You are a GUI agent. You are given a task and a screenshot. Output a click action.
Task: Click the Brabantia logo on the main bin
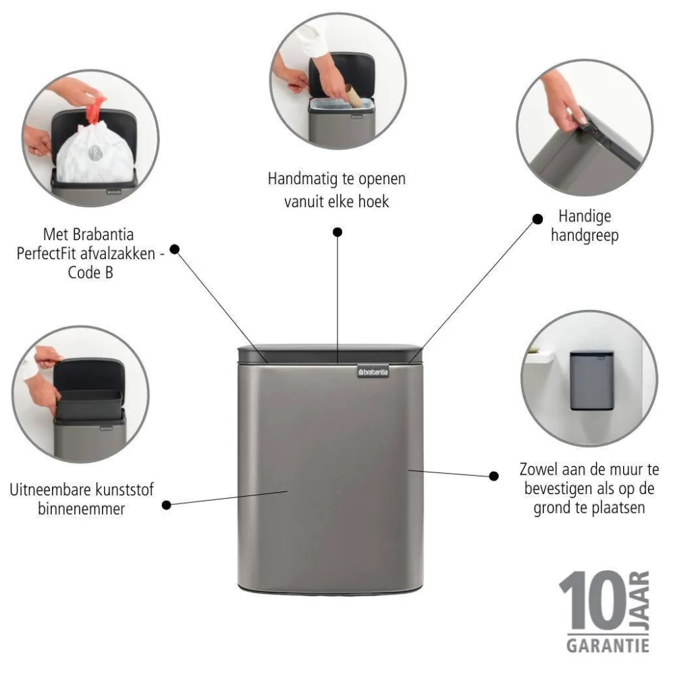coord(373,370)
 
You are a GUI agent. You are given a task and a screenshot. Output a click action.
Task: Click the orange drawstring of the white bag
coord(97,109)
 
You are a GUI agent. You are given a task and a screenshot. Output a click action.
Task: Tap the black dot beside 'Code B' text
coord(174,248)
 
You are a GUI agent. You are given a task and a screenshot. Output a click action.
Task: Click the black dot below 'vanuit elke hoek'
coord(337,232)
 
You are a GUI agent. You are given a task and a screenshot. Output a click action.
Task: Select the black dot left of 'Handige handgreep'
coord(538,219)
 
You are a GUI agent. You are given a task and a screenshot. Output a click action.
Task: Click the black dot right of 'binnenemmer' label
coord(166,504)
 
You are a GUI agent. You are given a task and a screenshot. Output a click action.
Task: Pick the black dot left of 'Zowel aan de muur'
coord(494,475)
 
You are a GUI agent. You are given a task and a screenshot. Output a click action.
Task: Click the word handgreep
coord(585,236)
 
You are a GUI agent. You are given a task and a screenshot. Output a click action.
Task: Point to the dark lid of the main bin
coord(331,354)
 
